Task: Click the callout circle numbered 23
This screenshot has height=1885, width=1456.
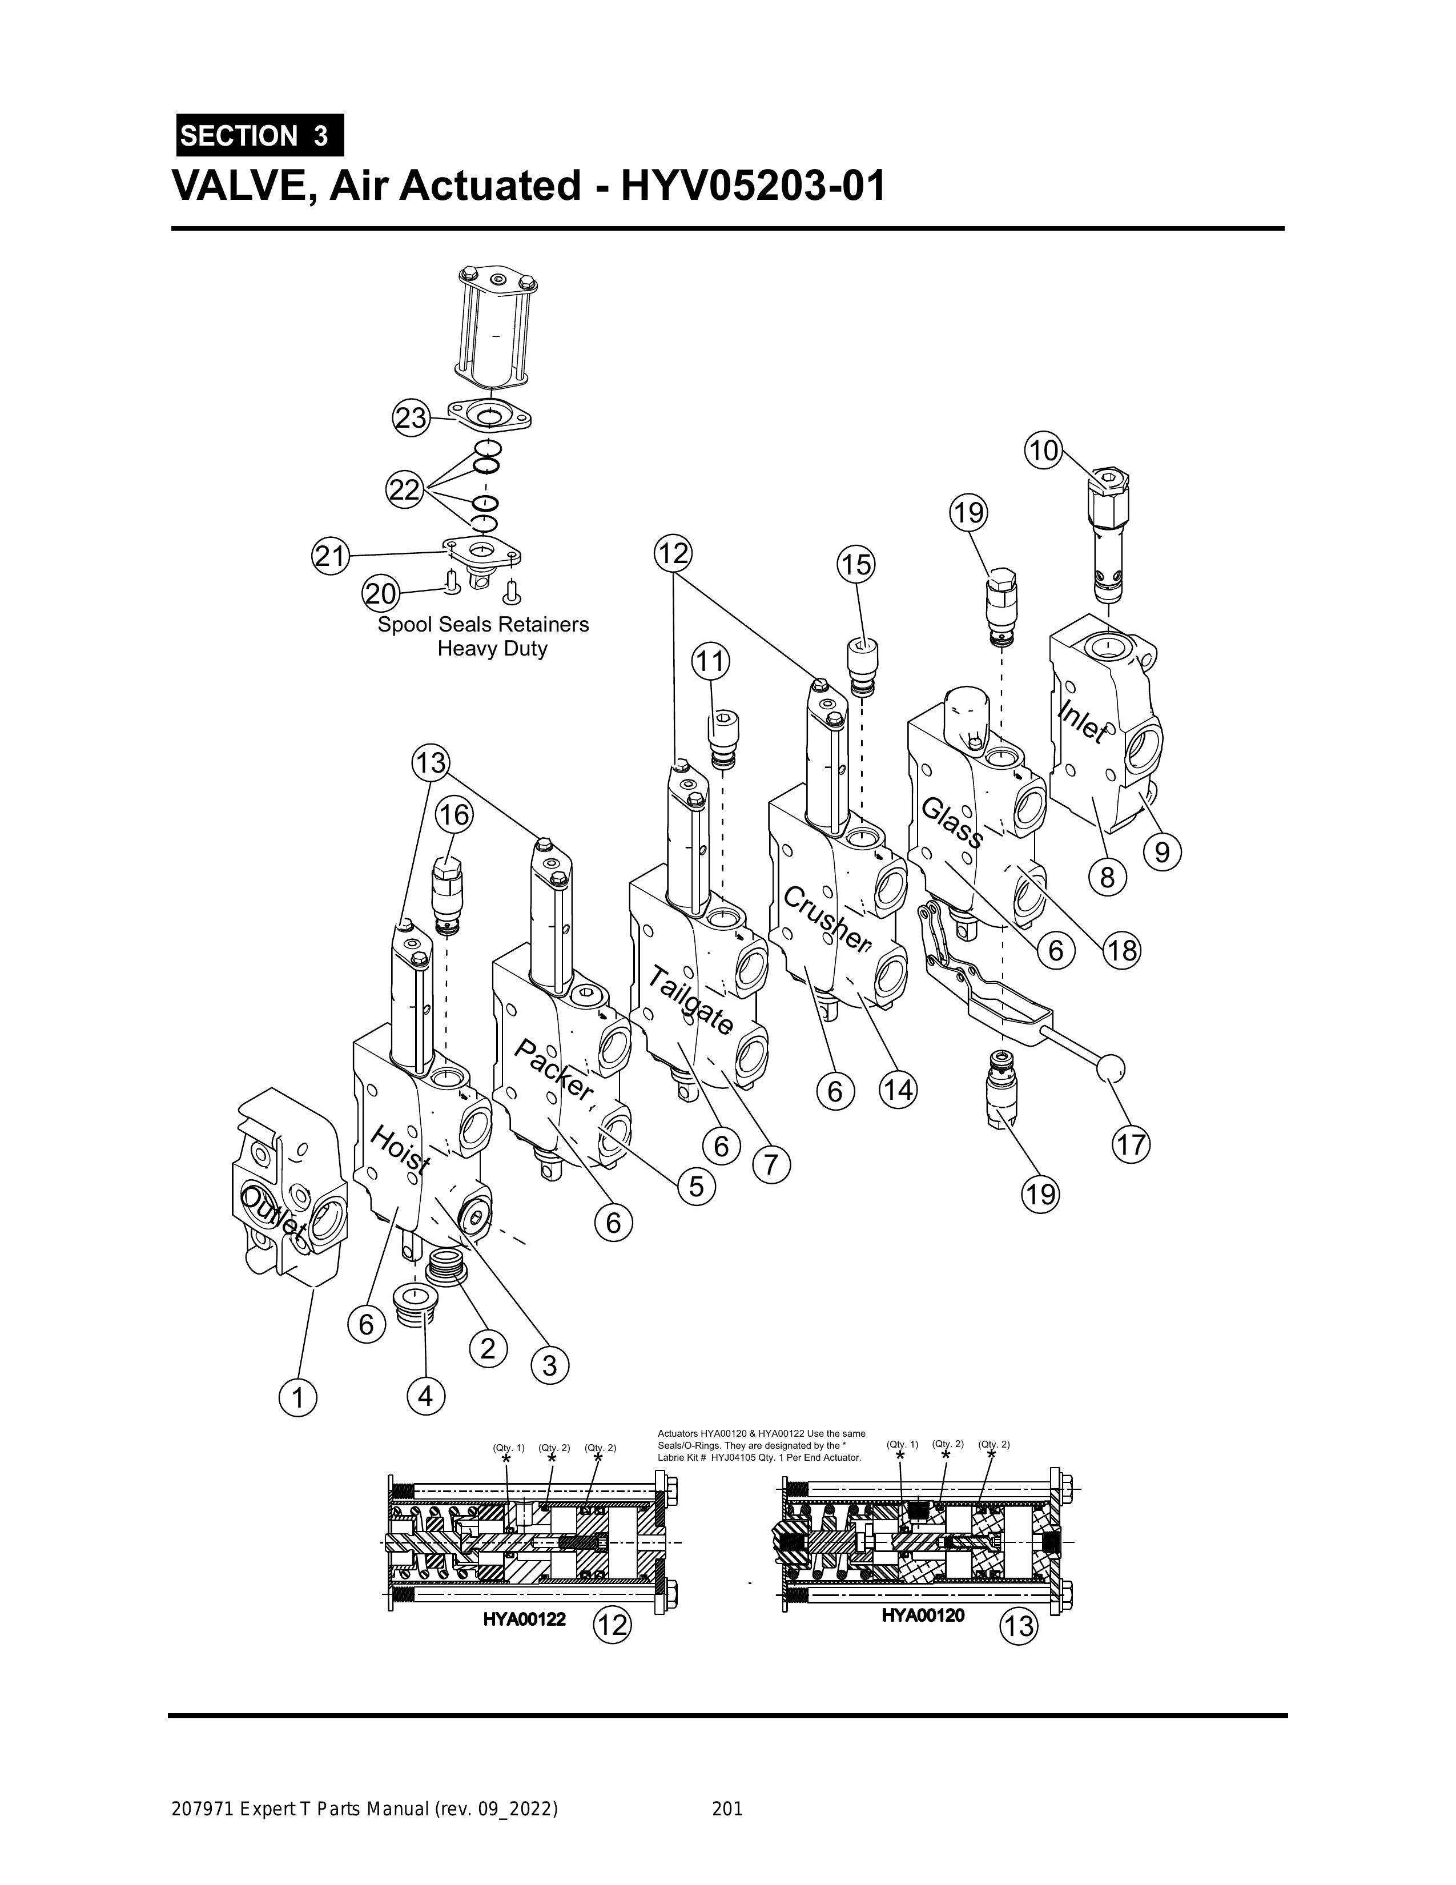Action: [411, 419]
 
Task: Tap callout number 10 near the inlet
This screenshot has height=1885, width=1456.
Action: [1043, 451]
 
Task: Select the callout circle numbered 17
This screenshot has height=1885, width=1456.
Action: [1132, 1146]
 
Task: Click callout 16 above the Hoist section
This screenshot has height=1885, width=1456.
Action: [454, 815]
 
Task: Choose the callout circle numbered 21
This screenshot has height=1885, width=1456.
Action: [329, 555]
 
